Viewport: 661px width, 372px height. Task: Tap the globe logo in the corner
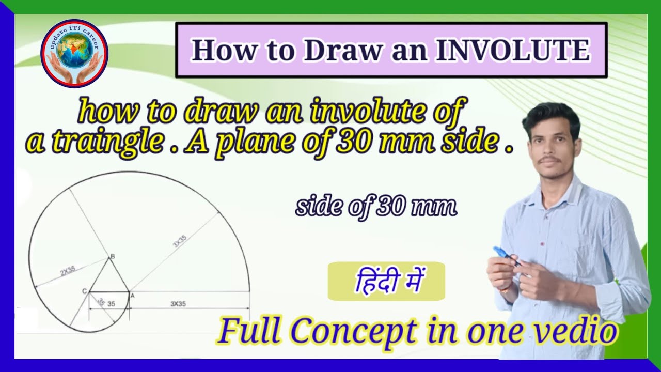[74, 53]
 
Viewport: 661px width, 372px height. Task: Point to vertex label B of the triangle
[113, 256]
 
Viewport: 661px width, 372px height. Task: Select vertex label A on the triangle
[132, 295]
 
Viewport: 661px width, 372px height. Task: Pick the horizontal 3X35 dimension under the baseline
[178, 304]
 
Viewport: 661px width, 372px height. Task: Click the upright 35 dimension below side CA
[111, 304]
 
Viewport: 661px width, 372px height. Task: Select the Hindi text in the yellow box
[386, 282]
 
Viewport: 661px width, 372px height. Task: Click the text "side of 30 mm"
[376, 207]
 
